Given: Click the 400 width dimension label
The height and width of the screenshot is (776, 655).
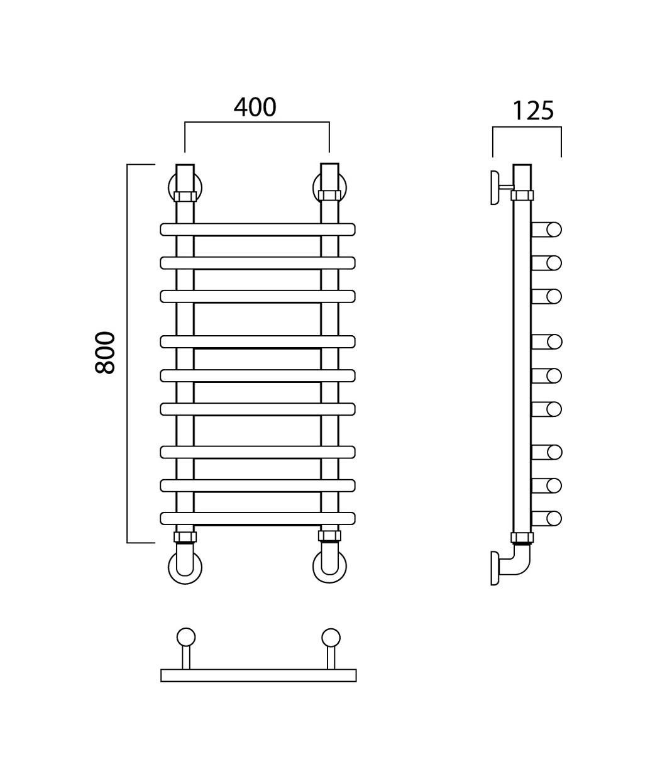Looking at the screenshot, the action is pos(255,107).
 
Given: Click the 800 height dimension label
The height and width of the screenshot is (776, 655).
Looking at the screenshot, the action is pos(105,352).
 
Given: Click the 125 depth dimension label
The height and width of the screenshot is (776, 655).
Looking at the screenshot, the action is pos(533,111).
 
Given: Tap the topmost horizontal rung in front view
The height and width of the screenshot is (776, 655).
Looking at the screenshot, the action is pos(258,230).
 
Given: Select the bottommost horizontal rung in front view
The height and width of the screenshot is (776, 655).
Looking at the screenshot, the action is pos(258,518).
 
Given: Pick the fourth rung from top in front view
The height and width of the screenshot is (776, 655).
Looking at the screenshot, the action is pos(258,341).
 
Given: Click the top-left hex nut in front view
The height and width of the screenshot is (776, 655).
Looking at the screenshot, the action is pos(185,196).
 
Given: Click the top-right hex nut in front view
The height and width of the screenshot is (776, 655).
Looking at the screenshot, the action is pos(329,196).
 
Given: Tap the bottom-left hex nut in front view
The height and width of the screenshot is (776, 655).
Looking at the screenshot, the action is pos(185,536).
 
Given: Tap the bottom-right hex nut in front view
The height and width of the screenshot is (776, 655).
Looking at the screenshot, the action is pos(329,536).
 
